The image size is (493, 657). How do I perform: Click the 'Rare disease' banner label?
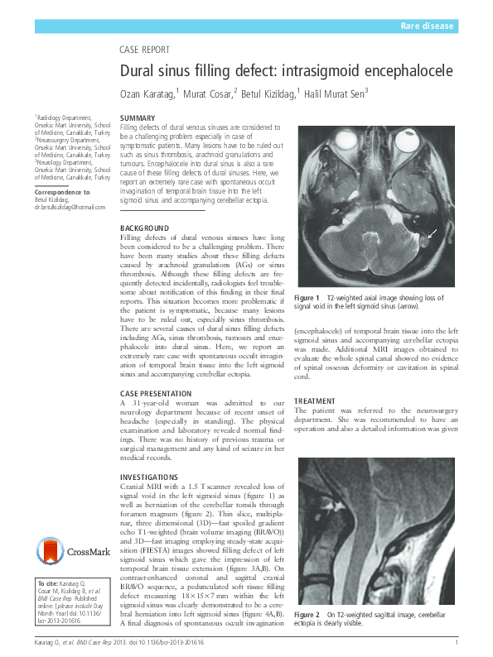tap(427, 26)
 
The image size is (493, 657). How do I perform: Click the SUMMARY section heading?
tap(138, 118)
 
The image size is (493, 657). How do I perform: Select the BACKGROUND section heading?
tap(144, 228)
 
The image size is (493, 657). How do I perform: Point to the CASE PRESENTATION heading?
tap(156, 393)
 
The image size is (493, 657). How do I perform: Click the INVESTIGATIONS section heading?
tap(149, 477)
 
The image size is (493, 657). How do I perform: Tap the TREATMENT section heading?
tap(316, 400)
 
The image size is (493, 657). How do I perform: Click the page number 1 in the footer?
tap(457, 643)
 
